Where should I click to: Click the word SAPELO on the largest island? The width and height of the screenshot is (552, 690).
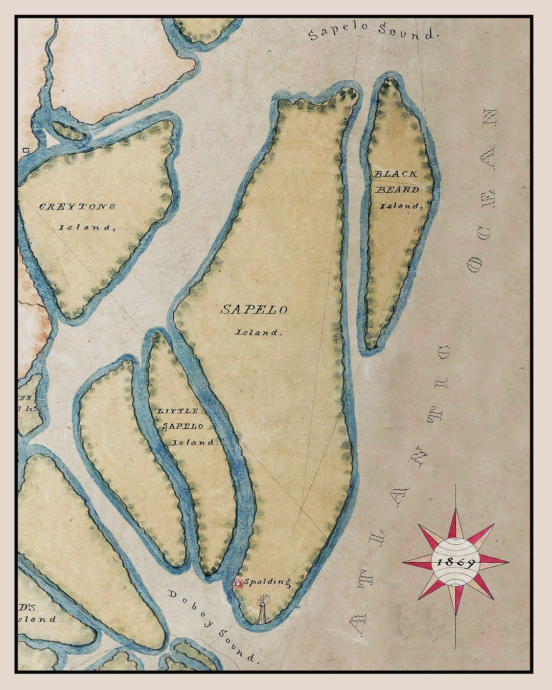[254, 310]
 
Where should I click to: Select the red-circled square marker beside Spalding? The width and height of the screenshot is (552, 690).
[238, 584]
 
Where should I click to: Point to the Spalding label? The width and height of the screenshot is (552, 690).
[267, 582]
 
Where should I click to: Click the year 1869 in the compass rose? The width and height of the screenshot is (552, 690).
[455, 562]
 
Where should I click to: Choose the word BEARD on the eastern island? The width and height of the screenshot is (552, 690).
[397, 190]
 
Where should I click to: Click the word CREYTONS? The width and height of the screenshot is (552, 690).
[77, 207]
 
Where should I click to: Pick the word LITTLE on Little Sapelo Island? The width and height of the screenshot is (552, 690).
[177, 411]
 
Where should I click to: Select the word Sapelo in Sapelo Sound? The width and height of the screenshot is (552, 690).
[337, 30]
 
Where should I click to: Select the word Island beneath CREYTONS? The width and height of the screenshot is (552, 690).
[86, 227]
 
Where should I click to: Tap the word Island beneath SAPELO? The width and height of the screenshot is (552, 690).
[258, 332]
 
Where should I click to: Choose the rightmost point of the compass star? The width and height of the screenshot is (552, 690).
[508, 562]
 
